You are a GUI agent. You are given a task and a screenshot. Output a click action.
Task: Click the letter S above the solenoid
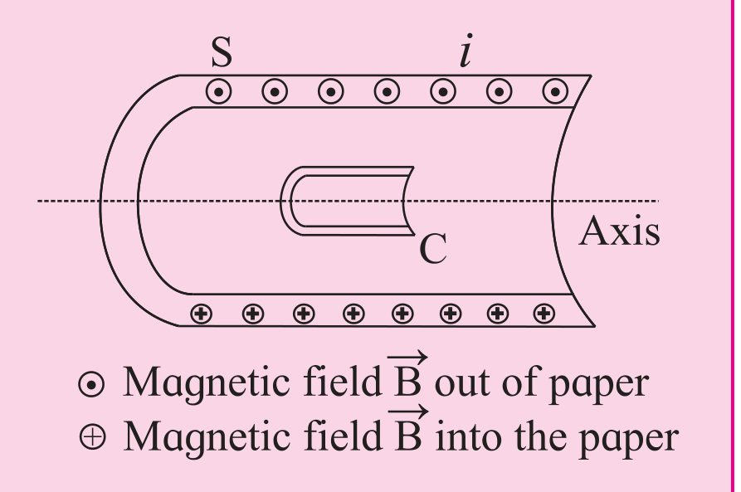point(222,52)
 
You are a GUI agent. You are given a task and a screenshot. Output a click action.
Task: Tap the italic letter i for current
point(466,50)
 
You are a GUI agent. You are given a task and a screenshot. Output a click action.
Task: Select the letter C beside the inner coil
point(433,249)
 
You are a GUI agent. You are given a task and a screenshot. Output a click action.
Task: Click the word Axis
point(620,231)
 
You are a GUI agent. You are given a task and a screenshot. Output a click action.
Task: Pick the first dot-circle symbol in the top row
point(219,91)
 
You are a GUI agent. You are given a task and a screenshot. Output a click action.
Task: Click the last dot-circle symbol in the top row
point(555,91)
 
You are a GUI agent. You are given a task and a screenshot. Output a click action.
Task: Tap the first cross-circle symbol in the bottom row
point(202,314)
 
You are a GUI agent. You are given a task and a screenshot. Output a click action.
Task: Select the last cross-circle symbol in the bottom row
point(544,314)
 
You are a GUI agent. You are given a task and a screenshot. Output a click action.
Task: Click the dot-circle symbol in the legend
point(91,384)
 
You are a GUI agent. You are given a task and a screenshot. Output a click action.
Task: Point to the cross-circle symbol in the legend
point(93,436)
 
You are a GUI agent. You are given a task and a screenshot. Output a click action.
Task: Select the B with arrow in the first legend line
point(407,375)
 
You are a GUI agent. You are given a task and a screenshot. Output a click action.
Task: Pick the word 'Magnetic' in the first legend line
point(206,384)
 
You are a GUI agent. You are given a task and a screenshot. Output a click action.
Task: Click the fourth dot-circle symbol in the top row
point(387,91)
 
